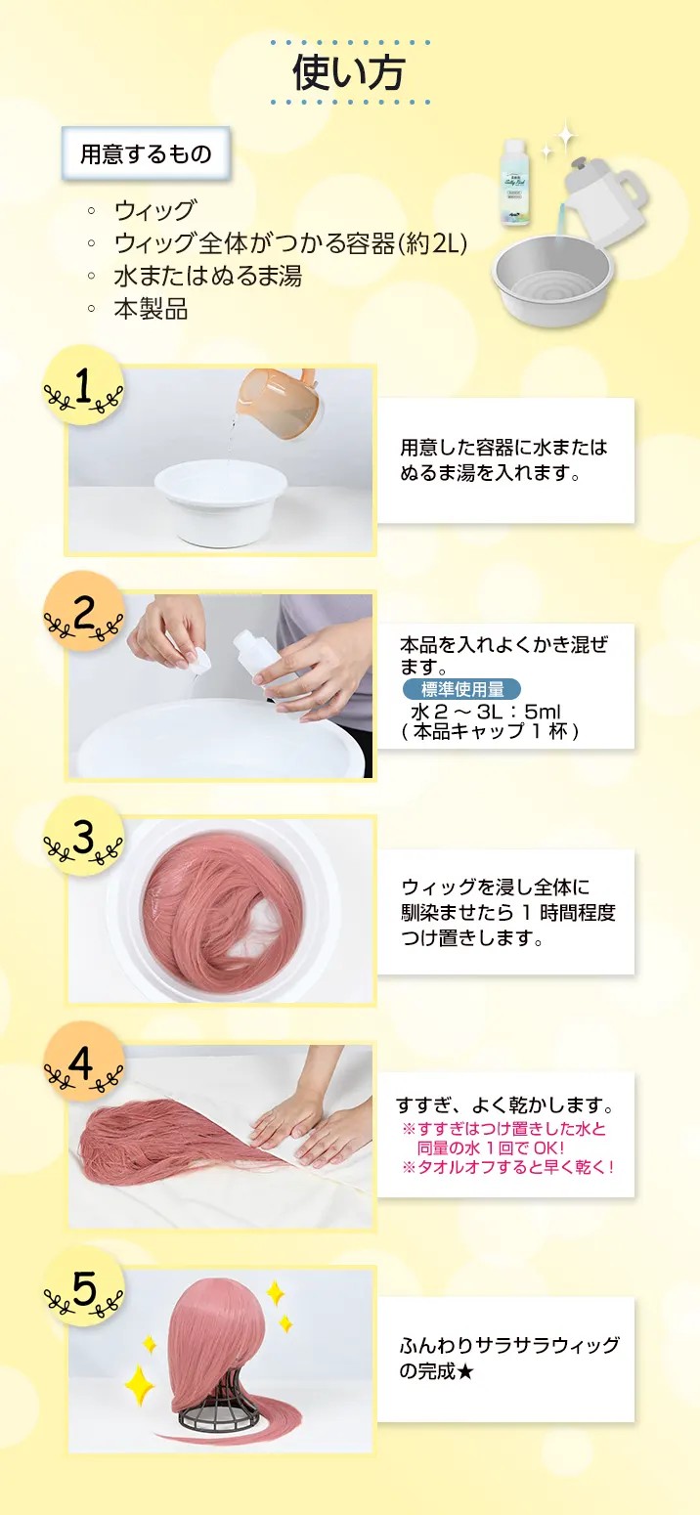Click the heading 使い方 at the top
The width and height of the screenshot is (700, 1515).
coord(349,72)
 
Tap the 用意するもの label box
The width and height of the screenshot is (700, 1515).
coord(146,154)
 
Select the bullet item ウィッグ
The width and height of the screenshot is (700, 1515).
coord(155,210)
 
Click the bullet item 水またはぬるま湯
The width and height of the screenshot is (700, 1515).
coord(208,276)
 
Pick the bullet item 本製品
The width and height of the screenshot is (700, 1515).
coord(152,309)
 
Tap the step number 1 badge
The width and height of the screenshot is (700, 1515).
coord(84,387)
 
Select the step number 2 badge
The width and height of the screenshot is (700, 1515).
coord(84,613)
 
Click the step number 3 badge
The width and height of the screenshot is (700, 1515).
coord(84,838)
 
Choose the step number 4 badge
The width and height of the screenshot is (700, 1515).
coord(84,1063)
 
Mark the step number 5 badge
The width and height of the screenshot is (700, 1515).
coord(84,1288)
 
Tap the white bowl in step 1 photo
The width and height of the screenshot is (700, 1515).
coord(220,501)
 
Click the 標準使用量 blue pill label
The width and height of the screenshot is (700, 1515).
coord(462,689)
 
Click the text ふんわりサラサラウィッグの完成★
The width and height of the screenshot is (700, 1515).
coord(509,1358)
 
